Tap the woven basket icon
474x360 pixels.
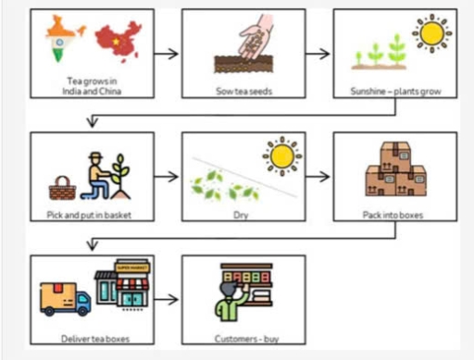[62, 189]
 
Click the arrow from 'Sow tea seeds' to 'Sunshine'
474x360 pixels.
[318, 51]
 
